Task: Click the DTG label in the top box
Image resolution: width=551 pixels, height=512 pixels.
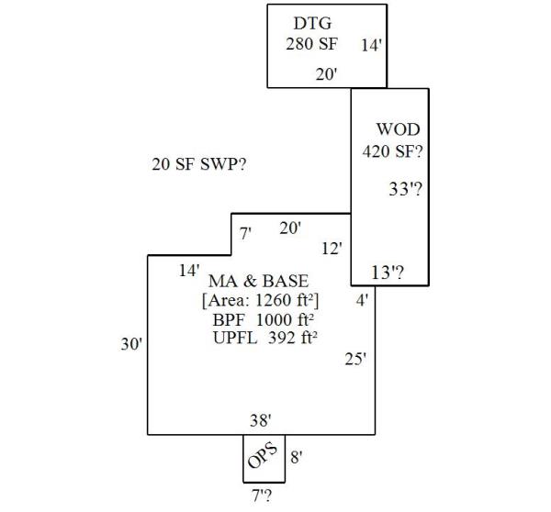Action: [x=312, y=23]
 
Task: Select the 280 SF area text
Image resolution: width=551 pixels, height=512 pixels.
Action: [x=312, y=43]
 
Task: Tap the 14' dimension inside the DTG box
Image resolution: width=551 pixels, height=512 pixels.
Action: [x=372, y=44]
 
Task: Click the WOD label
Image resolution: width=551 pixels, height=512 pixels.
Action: [x=398, y=129]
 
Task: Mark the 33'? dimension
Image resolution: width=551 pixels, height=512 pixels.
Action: [x=405, y=190]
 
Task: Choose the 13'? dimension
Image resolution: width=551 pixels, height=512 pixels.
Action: [x=388, y=272]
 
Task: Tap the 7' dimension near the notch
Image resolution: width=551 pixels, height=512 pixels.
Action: [x=245, y=234]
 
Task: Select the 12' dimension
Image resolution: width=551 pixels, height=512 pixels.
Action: [x=332, y=248]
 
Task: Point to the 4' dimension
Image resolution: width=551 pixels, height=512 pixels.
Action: [x=364, y=300]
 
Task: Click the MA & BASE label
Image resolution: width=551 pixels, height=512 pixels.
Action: [x=258, y=280]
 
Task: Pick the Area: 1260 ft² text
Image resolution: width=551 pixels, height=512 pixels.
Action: [x=260, y=300]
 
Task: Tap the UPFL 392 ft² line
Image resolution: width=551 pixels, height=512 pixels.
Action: [x=264, y=338]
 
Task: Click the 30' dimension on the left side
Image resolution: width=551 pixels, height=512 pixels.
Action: [x=131, y=344]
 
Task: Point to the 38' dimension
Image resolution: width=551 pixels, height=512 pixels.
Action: [x=261, y=420]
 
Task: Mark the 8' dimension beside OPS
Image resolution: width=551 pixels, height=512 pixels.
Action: [x=297, y=456]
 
